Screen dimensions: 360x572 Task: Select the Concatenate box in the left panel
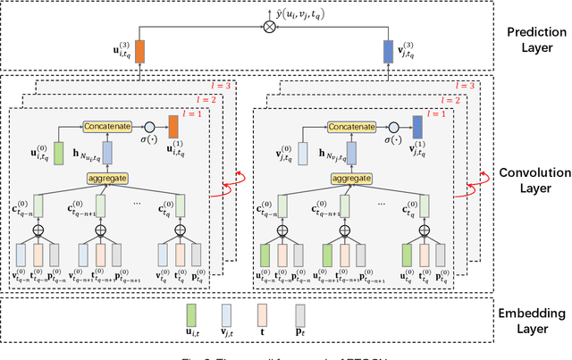tap(109, 126)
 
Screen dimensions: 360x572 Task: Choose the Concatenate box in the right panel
tap(352, 126)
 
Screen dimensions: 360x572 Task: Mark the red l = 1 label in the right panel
tap(440, 114)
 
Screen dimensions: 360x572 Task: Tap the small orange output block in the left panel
tap(173, 127)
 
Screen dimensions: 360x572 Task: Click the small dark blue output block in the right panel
tap(416, 127)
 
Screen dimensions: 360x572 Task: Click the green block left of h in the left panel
tap(57, 152)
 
